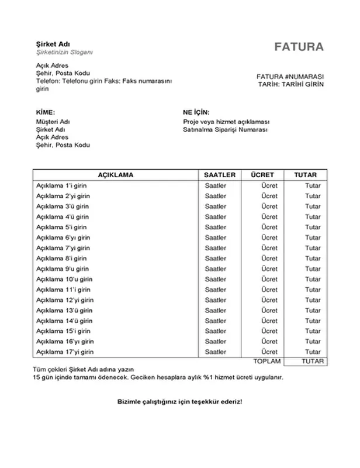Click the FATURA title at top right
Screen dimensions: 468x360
299,47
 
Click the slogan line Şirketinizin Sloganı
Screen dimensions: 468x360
64,53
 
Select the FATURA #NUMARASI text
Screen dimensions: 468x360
290,77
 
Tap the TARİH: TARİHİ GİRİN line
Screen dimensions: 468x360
290,84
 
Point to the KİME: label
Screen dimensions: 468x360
45,112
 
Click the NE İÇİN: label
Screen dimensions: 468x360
196,112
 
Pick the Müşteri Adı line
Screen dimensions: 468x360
53,122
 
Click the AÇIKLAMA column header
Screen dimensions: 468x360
115,175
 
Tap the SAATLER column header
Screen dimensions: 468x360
219,175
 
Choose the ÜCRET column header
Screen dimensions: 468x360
262,175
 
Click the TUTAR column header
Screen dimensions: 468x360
305,175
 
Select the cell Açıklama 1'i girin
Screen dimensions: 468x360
61,186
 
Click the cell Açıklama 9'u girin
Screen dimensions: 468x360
61,269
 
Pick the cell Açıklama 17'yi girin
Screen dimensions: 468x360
64,352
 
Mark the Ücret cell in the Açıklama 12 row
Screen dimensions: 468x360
269,300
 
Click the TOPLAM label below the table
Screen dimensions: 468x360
267,362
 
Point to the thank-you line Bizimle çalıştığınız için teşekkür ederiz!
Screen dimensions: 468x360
179,402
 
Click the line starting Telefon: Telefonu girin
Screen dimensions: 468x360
102,82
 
